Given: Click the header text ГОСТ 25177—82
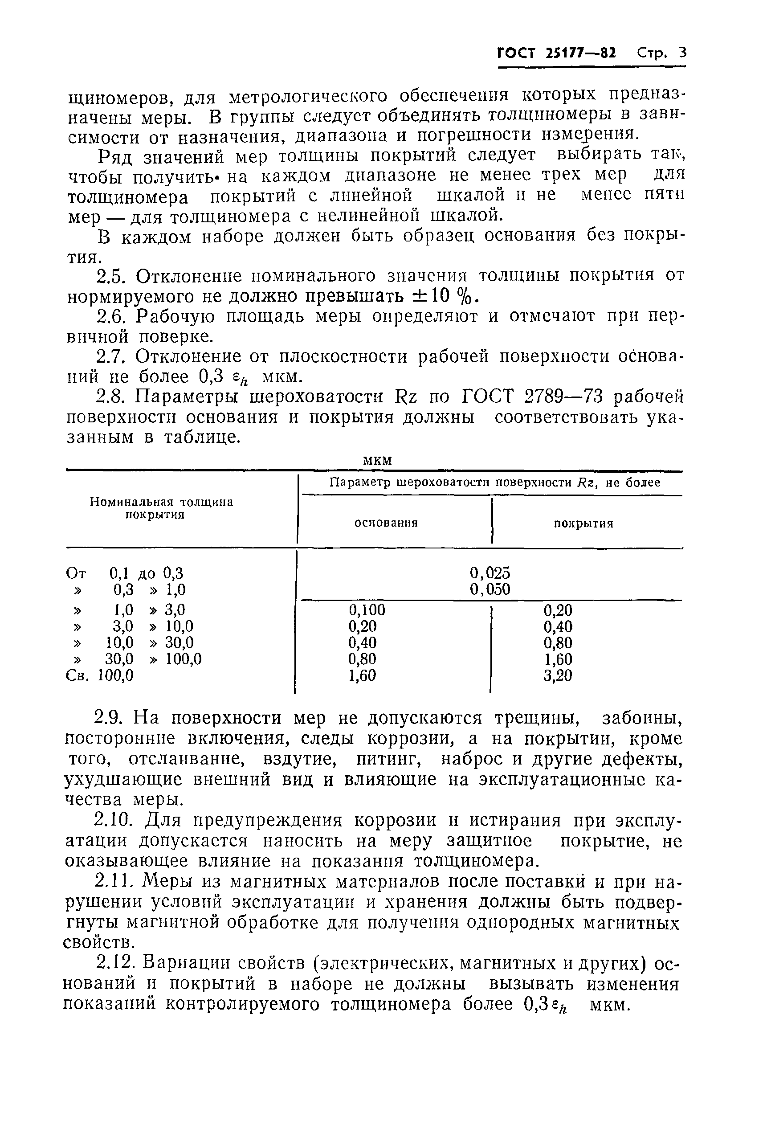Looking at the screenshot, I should click(x=556, y=53).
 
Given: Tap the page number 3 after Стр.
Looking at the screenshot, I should click(x=682, y=53).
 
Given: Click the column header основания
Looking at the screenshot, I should click(x=386, y=523).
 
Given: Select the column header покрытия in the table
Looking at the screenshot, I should click(x=583, y=523).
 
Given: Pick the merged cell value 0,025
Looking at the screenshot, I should click(x=490, y=573).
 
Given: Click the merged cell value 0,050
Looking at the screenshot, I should click(x=490, y=589).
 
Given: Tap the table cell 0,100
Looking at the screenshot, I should click(x=367, y=609).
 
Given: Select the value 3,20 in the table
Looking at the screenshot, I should click(x=557, y=676).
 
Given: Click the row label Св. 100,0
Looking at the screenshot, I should click(x=99, y=676).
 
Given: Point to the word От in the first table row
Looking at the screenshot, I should click(x=76, y=573).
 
